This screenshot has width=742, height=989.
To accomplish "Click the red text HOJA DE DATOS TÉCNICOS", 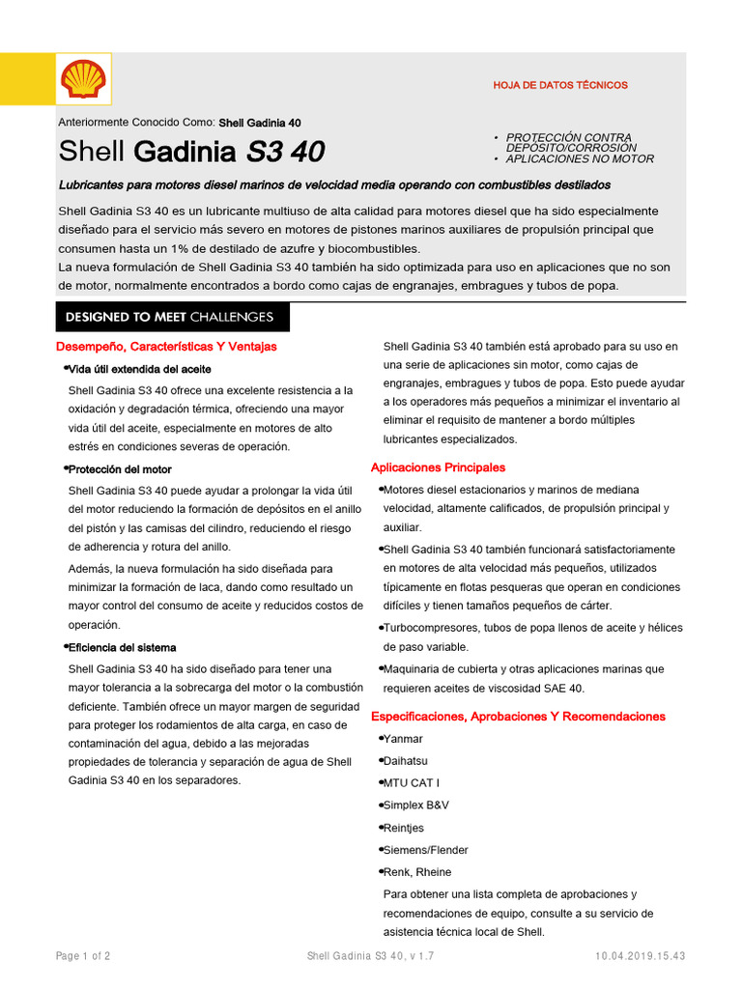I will pos(560,85).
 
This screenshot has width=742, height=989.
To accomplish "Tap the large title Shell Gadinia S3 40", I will pos(191,152).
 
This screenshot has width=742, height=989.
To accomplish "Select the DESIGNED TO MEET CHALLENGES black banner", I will pos(169,317).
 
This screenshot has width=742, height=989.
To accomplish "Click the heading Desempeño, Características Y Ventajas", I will pos(167,346).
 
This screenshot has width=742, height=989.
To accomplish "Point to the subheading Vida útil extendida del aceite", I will pos(139,369).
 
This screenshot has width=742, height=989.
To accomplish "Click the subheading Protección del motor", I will pos(120,469).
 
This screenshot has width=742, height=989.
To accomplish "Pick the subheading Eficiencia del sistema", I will pos(122,647).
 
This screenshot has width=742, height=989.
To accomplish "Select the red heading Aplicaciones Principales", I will pos(438,467).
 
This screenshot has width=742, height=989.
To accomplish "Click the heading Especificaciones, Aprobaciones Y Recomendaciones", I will pos(518,717).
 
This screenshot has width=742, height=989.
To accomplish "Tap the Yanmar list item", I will pos(403,739).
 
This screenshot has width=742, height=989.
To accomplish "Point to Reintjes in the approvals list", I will pos(404,828).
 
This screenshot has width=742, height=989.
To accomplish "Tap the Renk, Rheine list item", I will pos(417,872).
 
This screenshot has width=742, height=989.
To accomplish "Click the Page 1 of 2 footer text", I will pos(83,956).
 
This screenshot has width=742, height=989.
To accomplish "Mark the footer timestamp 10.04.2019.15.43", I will pos(641,956).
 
